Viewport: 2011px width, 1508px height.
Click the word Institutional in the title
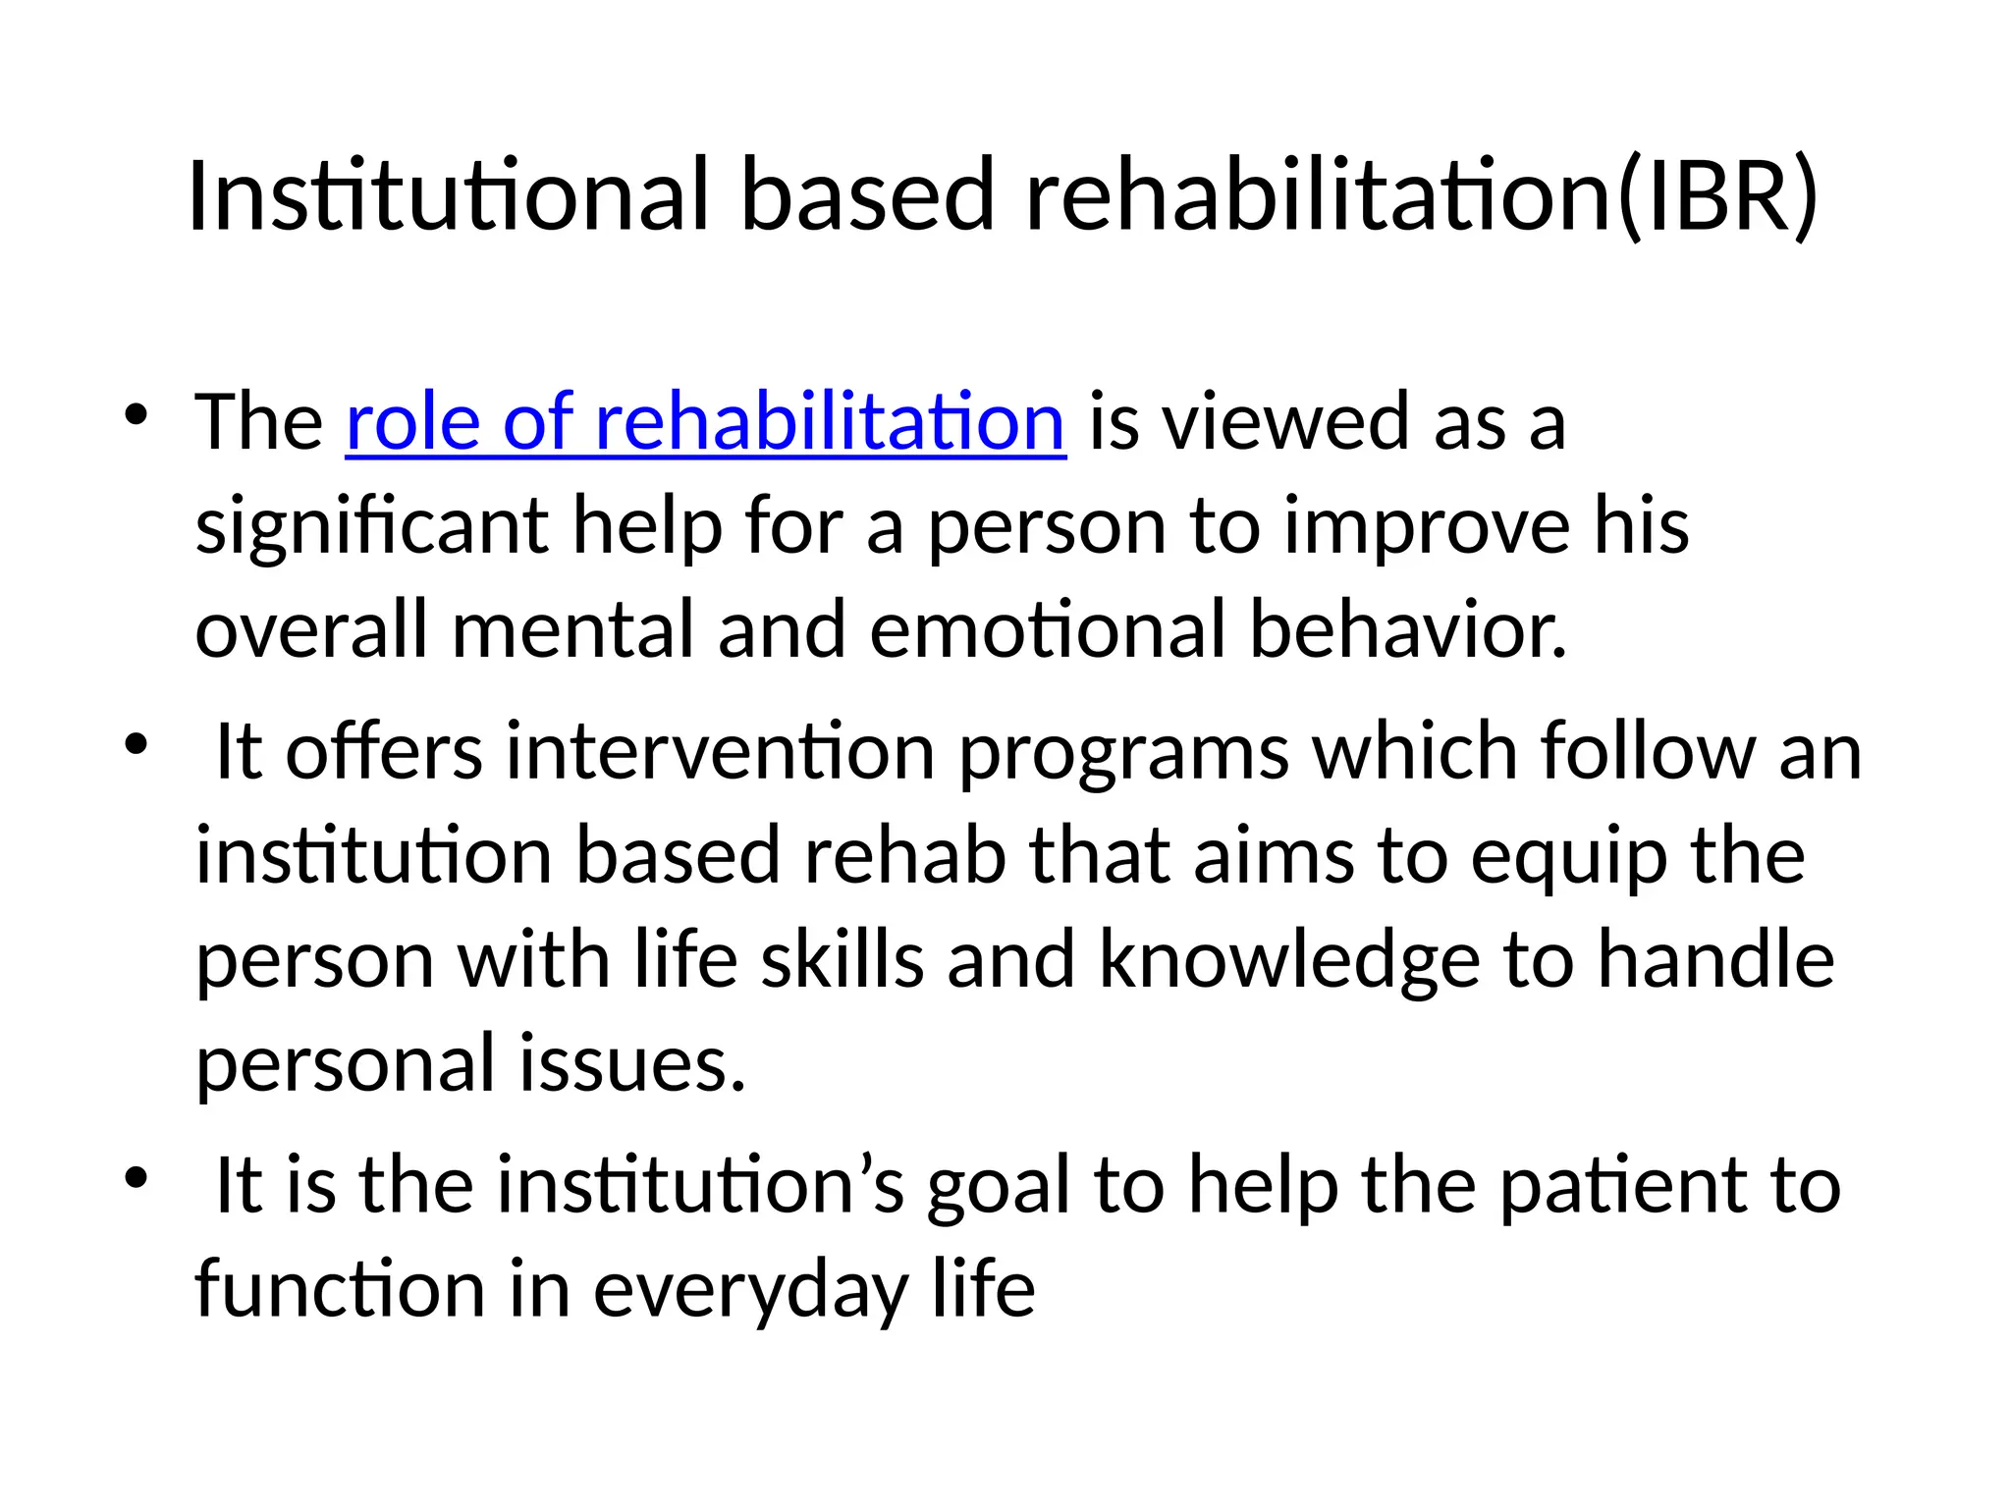click(x=447, y=195)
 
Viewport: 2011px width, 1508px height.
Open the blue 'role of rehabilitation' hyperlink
click(x=705, y=421)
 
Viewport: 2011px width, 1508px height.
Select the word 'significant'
click(x=371, y=526)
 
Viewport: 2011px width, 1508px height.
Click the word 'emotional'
click(x=1047, y=629)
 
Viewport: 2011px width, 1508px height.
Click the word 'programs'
click(x=1123, y=754)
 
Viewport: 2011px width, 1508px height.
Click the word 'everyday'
click(x=750, y=1290)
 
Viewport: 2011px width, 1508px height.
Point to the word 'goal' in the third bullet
click(x=999, y=1187)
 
